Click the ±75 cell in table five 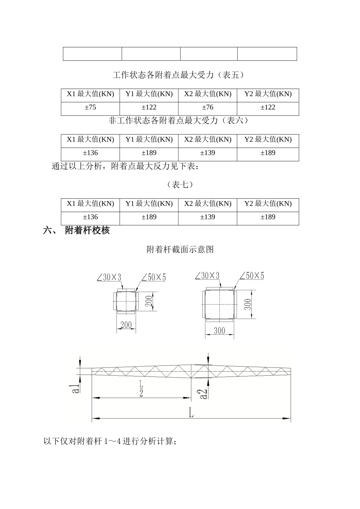coord(90,108)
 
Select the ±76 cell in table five coord(208,108)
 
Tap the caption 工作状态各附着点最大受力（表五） coord(178,75)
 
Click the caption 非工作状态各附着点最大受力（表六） coord(178,121)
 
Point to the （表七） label coord(180,184)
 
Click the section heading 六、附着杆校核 coord(77,230)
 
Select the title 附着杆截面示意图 coord(180,250)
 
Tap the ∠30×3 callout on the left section coord(109,278)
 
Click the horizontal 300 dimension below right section coord(219,331)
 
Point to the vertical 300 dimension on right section coord(247,304)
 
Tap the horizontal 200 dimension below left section coord(126,325)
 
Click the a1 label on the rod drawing coord(76,388)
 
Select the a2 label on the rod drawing coord(203,393)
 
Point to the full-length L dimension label coord(191,412)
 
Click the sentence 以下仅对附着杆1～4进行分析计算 coord(110,441)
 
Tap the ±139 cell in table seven coord(208,217)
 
